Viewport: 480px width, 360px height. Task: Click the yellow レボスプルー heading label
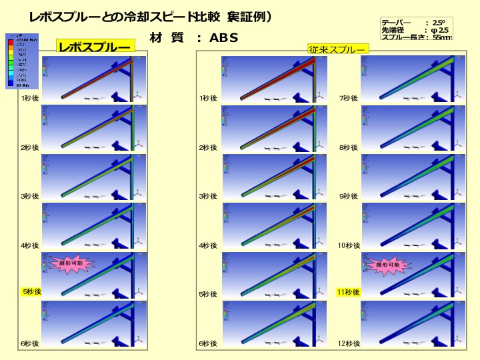(x=95, y=47)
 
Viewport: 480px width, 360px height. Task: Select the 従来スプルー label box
(x=337, y=49)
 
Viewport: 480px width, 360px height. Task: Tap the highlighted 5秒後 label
(x=31, y=292)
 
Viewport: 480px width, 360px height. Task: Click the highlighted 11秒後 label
(x=348, y=292)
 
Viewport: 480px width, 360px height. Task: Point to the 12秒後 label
(x=349, y=343)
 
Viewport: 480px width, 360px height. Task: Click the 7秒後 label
(x=348, y=99)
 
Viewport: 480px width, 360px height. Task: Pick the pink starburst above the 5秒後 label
(x=71, y=264)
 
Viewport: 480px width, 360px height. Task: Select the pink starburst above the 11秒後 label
(x=387, y=265)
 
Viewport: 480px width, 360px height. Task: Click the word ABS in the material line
(x=224, y=38)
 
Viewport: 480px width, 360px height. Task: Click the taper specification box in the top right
(x=416, y=29)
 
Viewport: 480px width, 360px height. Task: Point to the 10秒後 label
(x=349, y=245)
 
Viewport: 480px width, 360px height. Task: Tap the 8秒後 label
(x=348, y=147)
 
